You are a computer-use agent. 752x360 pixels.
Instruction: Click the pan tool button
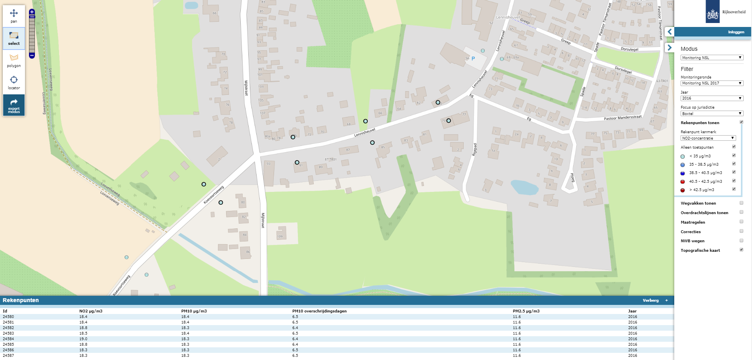(x=14, y=15)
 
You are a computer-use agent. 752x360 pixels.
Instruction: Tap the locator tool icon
(x=14, y=82)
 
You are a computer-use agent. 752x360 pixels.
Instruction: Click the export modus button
(x=14, y=105)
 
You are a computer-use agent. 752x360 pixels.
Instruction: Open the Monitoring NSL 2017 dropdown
(x=712, y=83)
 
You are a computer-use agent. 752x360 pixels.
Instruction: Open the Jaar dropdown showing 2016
(x=712, y=98)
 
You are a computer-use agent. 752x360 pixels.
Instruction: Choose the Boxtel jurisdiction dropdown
(x=712, y=113)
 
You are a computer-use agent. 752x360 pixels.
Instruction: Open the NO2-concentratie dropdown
(x=708, y=138)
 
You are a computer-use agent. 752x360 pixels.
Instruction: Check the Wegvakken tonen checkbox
(x=741, y=203)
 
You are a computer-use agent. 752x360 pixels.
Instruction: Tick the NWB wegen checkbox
(x=741, y=241)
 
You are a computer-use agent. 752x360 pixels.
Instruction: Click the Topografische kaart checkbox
(x=741, y=250)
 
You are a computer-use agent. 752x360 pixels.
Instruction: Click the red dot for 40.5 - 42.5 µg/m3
(x=683, y=182)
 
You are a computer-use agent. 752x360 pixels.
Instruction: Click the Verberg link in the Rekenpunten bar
(x=650, y=301)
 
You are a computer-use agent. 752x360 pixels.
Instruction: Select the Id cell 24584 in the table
(x=8, y=339)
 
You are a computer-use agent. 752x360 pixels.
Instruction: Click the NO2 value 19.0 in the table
(x=83, y=339)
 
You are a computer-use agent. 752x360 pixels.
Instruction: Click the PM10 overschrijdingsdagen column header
(x=319, y=311)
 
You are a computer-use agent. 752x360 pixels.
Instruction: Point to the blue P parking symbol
(x=473, y=59)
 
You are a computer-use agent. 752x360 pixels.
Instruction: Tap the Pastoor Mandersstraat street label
(x=622, y=118)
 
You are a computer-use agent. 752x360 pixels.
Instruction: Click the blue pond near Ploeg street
(x=524, y=187)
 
